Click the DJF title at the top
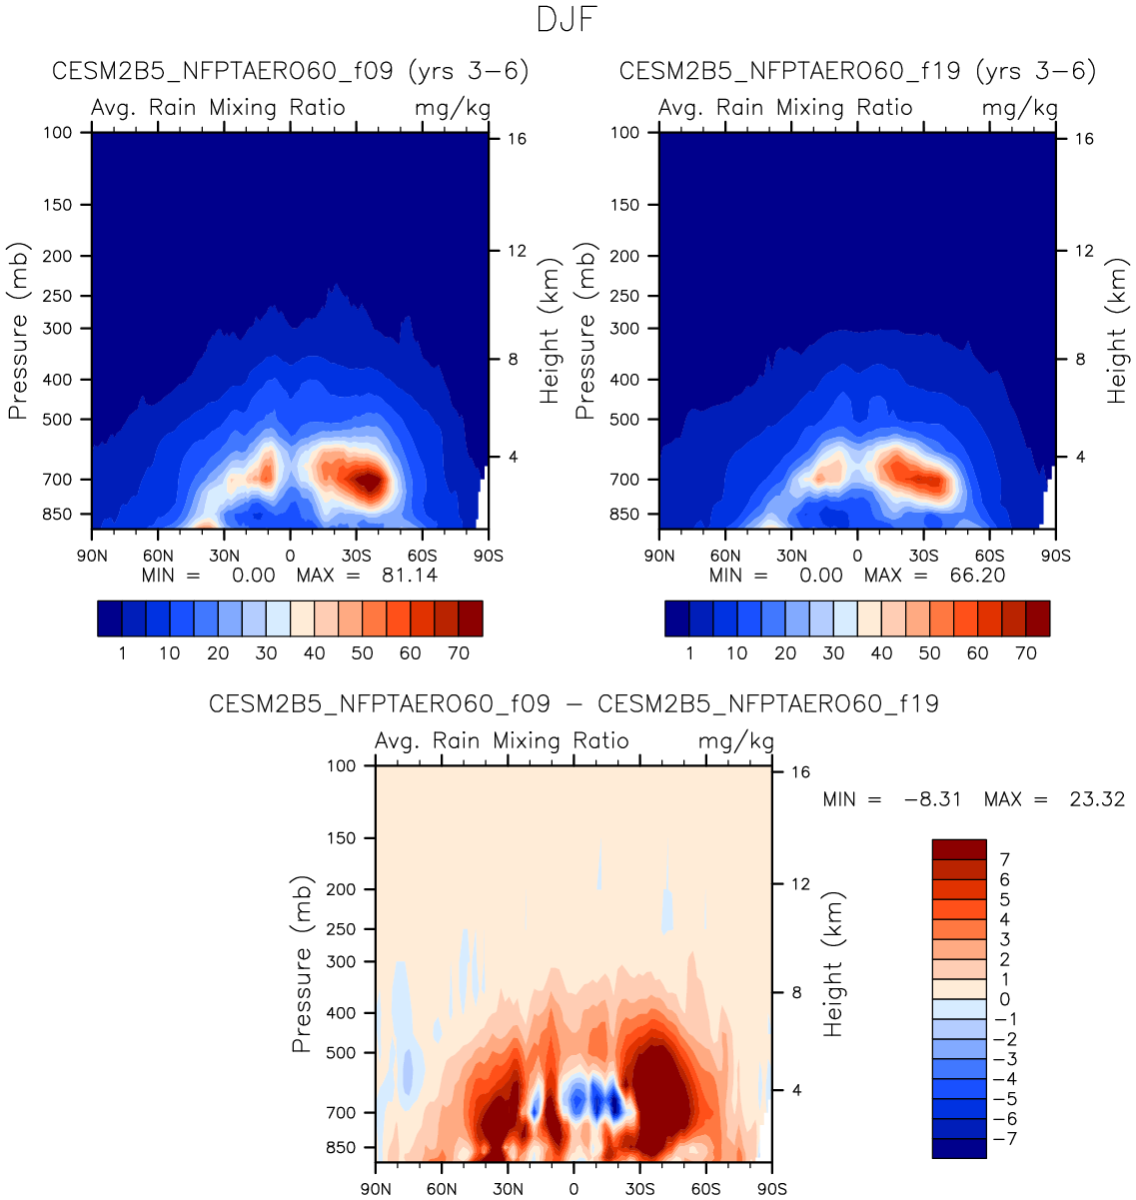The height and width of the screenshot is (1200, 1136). pyautogui.click(x=567, y=20)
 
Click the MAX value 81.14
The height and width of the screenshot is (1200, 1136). pyautogui.click(x=410, y=575)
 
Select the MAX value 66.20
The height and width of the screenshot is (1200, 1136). pyautogui.click(x=977, y=575)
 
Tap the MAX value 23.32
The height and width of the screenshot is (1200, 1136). pyautogui.click(x=1097, y=799)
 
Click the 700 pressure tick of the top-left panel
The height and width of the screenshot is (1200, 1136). pyautogui.click(x=57, y=480)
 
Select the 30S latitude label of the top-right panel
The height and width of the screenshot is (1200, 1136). pyautogui.click(x=923, y=556)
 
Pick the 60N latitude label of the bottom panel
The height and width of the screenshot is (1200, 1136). pyautogui.click(x=442, y=1189)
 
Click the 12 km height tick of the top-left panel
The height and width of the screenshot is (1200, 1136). pyautogui.click(x=517, y=251)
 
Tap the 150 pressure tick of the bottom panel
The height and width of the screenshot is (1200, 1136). pyautogui.click(x=341, y=838)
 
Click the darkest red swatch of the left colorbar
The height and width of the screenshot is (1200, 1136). pyautogui.click(x=471, y=618)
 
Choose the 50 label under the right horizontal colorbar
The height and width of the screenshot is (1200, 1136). pyautogui.click(x=929, y=653)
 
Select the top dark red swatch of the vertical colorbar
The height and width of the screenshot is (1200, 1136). pyautogui.click(x=959, y=849)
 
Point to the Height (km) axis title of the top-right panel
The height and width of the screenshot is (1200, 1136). pyautogui.click(x=1116, y=330)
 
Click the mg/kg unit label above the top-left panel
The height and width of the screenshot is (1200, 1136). pyautogui.click(x=452, y=108)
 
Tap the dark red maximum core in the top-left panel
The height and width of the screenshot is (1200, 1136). pyautogui.click(x=370, y=483)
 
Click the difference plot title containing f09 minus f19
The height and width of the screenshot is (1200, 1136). pyautogui.click(x=573, y=703)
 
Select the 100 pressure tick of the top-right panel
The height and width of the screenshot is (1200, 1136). pyautogui.click(x=624, y=132)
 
